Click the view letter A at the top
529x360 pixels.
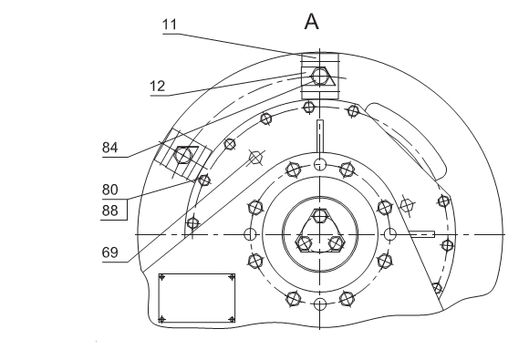point(311,22)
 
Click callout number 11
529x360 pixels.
point(170,25)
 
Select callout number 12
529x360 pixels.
point(157,87)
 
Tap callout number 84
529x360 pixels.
point(110,148)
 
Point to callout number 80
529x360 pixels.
point(110,190)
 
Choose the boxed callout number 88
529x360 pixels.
point(110,211)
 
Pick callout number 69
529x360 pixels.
point(110,252)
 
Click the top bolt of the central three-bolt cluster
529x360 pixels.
point(319,216)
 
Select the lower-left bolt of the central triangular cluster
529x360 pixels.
point(304,243)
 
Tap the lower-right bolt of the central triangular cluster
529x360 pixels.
point(336,243)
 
